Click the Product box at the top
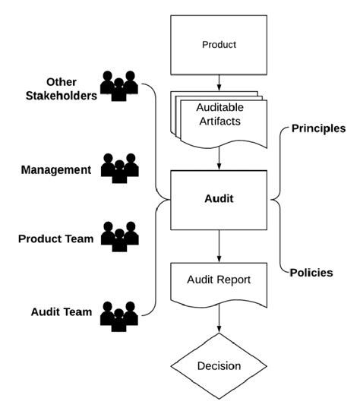tap(219, 44)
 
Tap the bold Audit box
tap(219, 200)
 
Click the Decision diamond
tap(219, 365)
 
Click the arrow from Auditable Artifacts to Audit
tap(219, 159)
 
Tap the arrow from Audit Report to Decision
tap(219, 319)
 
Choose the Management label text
tap(56, 169)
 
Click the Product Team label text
tap(55, 239)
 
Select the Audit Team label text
tap(61, 311)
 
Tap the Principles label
tap(318, 128)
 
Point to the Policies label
tap(311, 272)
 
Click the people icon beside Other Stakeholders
tap(119, 85)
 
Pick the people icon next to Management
tap(119, 168)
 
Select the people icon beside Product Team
tap(119, 237)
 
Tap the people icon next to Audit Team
tap(119, 314)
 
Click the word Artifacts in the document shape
tap(219, 122)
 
